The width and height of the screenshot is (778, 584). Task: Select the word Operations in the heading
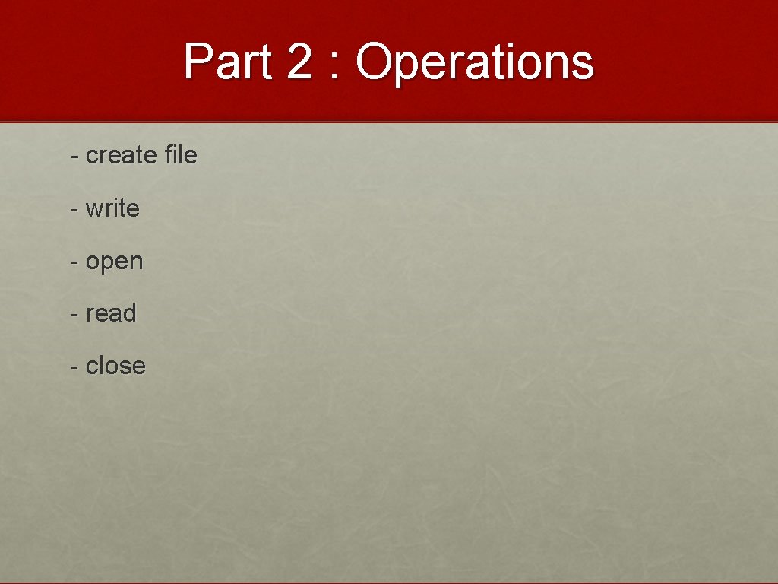click(475, 62)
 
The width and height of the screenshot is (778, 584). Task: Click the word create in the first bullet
click(122, 156)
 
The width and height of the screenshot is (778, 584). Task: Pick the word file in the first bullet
click(181, 155)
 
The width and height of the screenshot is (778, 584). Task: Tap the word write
click(112, 208)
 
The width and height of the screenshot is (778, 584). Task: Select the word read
click(111, 313)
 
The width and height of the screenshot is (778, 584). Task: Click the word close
click(115, 366)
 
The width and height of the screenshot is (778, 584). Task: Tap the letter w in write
click(94, 209)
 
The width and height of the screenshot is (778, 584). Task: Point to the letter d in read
click(129, 313)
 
